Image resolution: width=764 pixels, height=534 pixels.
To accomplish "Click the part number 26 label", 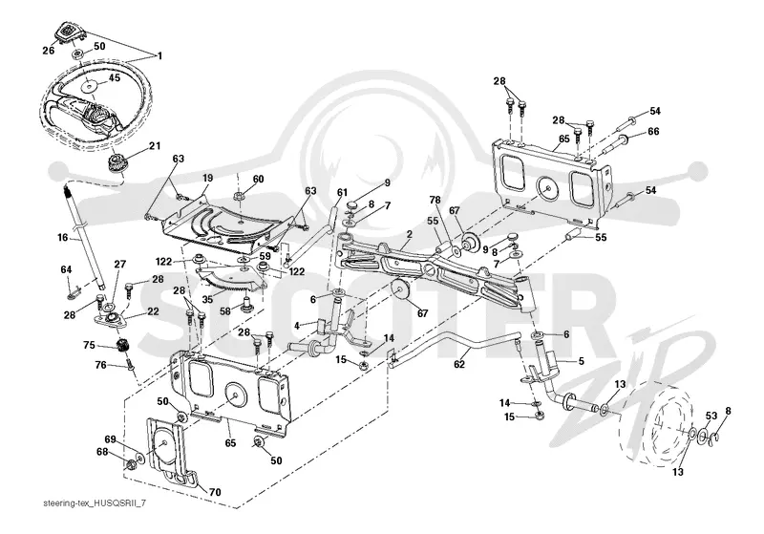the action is (49, 50).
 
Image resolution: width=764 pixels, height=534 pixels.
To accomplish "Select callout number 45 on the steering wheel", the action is (114, 77).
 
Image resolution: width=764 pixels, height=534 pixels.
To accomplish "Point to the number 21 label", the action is (155, 146).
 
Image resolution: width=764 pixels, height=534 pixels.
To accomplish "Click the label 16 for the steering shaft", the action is (62, 238).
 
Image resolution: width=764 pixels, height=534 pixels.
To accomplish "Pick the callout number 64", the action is (66, 269).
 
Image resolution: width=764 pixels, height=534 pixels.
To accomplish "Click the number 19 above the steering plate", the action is (208, 179).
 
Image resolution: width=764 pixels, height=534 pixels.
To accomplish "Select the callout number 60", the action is (258, 179).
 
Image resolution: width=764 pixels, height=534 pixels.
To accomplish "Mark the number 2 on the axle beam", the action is (410, 234).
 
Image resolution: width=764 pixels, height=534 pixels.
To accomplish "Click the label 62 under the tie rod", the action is (459, 364).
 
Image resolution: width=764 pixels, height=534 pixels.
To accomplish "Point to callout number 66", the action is (653, 132).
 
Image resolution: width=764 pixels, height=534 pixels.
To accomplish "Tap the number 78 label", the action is (435, 200).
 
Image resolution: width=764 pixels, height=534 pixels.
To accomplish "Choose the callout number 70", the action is (215, 492).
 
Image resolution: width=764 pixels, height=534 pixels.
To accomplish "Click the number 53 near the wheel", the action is (711, 416).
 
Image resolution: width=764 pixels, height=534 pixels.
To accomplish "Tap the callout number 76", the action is (100, 365).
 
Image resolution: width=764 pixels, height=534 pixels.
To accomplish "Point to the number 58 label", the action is (225, 310).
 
